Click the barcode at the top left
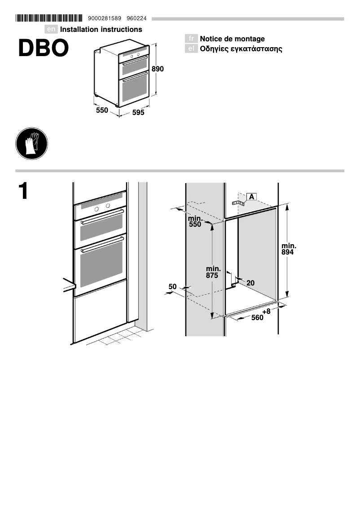49,18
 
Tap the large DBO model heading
43,48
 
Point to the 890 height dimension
158,69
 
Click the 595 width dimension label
138,113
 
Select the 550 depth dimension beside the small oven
102,110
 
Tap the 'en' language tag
52,30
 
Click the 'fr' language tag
191,39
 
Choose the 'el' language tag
191,48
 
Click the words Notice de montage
232,39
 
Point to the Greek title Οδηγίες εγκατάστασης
241,48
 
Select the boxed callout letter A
251,197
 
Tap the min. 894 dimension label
289,249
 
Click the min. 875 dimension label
212,272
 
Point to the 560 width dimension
257,318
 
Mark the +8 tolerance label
267,311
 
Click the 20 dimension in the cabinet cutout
250,283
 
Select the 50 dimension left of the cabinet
172,286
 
